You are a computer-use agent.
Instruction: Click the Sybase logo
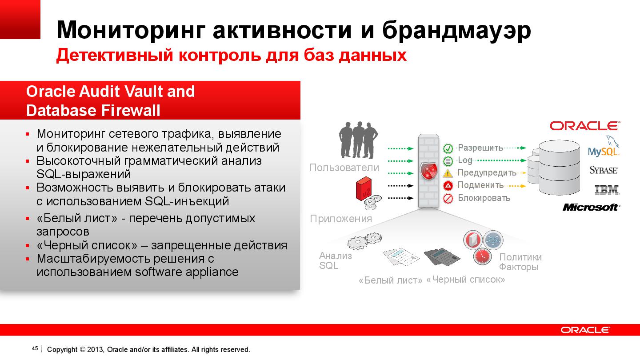click(x=604, y=170)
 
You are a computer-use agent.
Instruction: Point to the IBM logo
click(x=607, y=190)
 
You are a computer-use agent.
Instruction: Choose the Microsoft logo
click(x=591, y=207)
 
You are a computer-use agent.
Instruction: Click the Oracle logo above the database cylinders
click(x=584, y=126)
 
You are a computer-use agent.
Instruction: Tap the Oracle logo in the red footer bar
click(x=585, y=330)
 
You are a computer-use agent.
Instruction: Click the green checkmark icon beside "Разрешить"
click(x=448, y=148)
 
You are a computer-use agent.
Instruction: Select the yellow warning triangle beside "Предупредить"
click(x=448, y=173)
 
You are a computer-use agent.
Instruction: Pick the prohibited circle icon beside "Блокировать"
click(x=448, y=198)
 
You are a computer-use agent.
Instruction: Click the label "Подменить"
click(x=480, y=185)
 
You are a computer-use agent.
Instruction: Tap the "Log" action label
click(x=465, y=160)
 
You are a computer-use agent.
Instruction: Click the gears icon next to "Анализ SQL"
click(x=360, y=241)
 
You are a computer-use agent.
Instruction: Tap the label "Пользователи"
click(x=344, y=168)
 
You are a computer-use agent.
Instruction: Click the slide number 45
click(x=35, y=348)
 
